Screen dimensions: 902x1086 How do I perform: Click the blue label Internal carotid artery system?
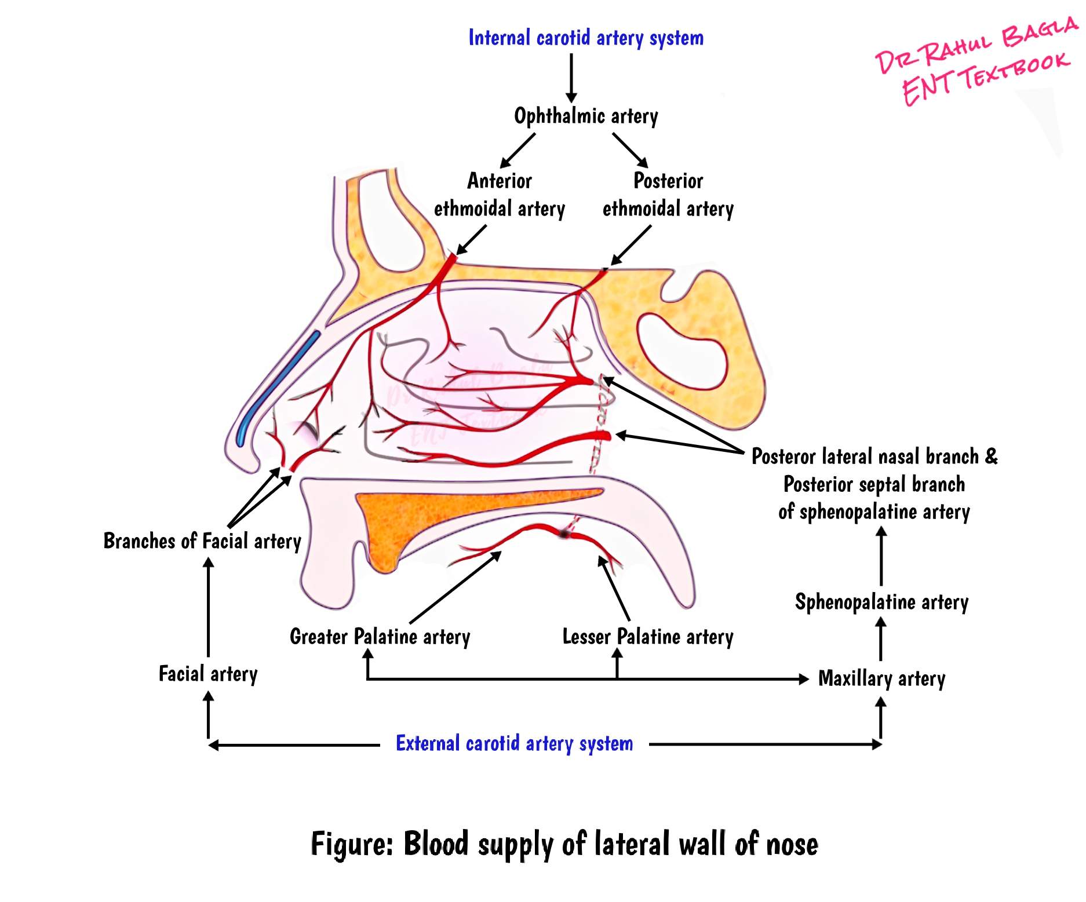585,38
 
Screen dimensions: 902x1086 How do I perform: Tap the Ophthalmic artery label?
585,116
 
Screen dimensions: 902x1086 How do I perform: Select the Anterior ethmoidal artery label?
499,195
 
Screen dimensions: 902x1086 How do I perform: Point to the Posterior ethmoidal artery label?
668,195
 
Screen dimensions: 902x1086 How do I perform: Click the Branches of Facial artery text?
202,541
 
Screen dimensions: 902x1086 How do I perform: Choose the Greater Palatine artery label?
380,637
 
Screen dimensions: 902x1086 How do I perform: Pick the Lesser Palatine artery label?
647,637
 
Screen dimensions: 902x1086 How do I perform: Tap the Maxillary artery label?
881,678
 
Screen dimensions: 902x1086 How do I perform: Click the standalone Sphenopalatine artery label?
881,602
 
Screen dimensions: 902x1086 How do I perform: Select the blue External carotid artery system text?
514,743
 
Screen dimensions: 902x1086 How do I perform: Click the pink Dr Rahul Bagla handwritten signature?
974,46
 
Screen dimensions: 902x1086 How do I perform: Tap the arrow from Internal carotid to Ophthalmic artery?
571,78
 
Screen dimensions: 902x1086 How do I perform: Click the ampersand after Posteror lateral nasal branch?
991,456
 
